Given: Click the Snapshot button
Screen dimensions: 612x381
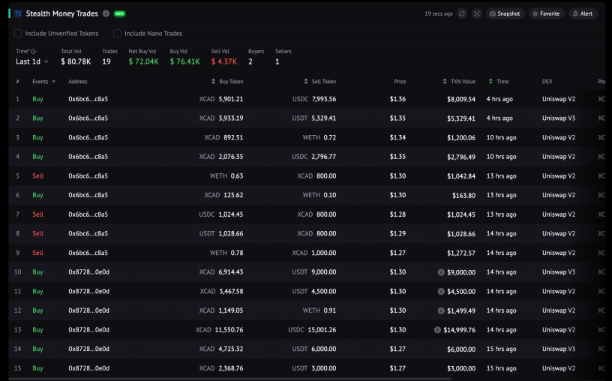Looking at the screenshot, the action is pos(505,13).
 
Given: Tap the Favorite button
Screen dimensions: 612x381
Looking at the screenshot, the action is pos(546,13).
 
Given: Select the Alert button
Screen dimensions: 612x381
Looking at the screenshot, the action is pos(583,13).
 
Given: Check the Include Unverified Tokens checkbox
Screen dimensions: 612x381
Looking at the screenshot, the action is pos(18,34).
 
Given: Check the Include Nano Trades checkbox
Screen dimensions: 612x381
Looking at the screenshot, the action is pos(117,34).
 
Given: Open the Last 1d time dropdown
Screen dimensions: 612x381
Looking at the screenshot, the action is pos(32,61).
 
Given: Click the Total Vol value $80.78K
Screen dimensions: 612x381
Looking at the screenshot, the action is pos(76,61).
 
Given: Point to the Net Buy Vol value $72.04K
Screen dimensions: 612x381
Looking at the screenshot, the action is pos(144,61).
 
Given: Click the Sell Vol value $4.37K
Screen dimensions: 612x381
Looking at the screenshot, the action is pos(224,61).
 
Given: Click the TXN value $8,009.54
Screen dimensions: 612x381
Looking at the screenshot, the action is pos(461,99).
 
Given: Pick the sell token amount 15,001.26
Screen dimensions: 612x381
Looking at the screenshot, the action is pos(322,330).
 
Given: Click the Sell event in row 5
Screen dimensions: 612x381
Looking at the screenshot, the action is pos(37,176).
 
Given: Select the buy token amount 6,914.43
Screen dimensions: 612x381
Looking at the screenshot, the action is pos(231,272).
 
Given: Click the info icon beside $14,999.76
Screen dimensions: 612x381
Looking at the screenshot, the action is pos(437,330).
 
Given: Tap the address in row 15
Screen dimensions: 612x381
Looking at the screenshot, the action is pos(89,368).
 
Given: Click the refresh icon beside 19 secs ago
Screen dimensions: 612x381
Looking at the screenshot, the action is pos(462,13).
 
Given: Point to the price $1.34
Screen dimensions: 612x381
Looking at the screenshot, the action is pos(397,137).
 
